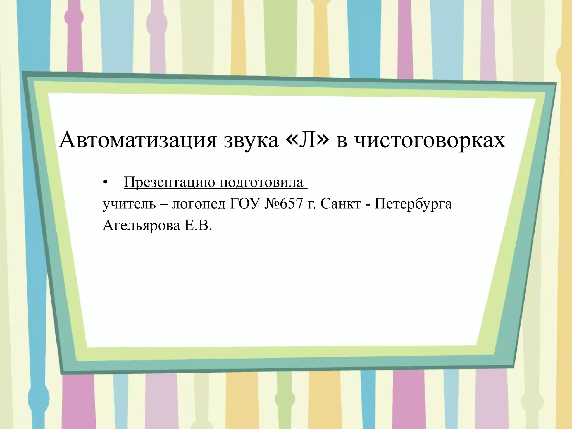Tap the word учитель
click(129, 204)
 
